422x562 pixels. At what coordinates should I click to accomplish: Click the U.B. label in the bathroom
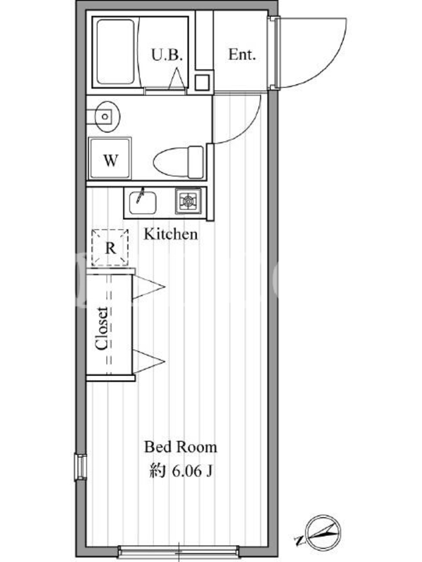(167, 55)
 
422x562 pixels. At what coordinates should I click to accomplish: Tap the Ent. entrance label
(242, 55)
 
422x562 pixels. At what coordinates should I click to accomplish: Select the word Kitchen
(171, 234)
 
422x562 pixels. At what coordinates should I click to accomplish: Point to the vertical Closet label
(101, 328)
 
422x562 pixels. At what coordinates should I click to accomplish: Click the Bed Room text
(181, 447)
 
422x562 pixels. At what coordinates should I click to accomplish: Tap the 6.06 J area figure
(192, 471)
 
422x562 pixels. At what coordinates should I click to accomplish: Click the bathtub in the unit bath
(115, 52)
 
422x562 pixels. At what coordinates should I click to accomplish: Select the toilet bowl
(179, 162)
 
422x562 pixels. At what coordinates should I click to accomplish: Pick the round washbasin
(108, 117)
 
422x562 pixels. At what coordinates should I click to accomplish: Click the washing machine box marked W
(110, 158)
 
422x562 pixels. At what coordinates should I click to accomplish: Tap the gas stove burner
(188, 201)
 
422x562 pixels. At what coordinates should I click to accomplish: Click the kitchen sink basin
(143, 202)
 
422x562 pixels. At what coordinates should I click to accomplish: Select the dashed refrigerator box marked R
(110, 247)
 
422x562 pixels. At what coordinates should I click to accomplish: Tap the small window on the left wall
(81, 466)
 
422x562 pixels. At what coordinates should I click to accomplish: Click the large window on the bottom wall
(179, 551)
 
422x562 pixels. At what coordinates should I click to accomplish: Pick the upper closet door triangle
(148, 287)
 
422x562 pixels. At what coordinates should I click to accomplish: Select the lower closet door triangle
(148, 361)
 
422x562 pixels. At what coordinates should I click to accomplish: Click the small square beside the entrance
(202, 82)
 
